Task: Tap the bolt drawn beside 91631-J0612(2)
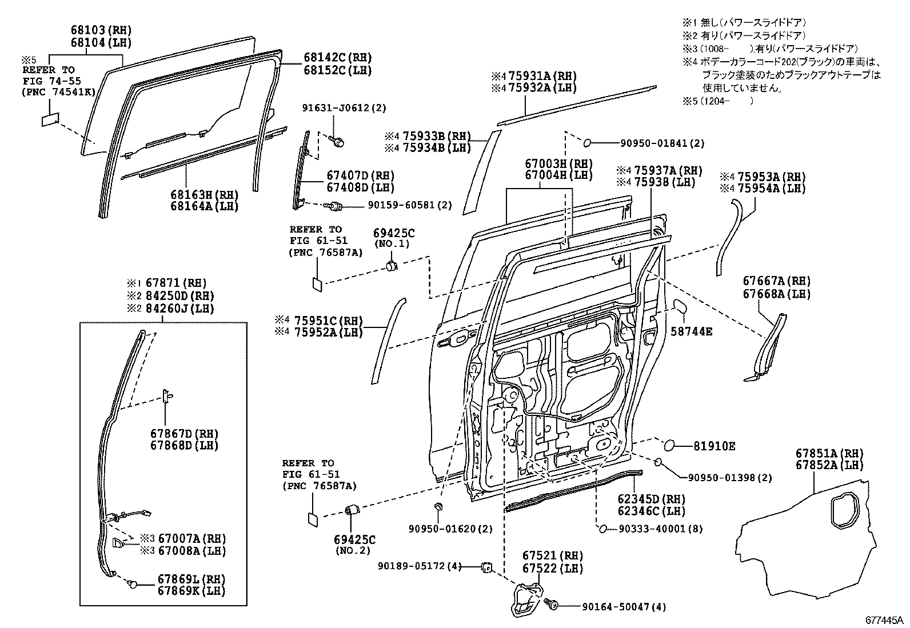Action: pyautogui.click(x=337, y=141)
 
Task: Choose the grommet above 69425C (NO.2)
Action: pyautogui.click(x=352, y=510)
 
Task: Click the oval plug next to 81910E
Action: pyautogui.click(x=669, y=445)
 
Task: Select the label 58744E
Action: pyautogui.click(x=691, y=331)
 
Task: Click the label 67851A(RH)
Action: pyautogui.click(x=829, y=453)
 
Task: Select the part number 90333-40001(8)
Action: pyautogui.click(x=660, y=529)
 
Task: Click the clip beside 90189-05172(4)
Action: pyautogui.click(x=488, y=567)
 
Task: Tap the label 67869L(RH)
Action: pyautogui.click(x=192, y=579)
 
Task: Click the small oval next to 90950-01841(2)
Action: pyautogui.click(x=590, y=142)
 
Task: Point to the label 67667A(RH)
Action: pyautogui.click(x=776, y=281)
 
